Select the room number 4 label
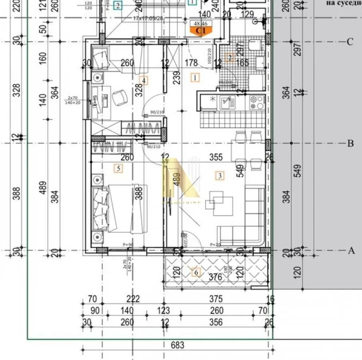click(144, 80)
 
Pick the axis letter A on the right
click(351, 251)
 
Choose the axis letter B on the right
click(350, 143)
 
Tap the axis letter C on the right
click(350, 42)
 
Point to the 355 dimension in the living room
click(216, 157)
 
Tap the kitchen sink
click(226, 103)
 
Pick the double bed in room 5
click(120, 208)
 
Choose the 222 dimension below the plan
click(133, 299)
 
